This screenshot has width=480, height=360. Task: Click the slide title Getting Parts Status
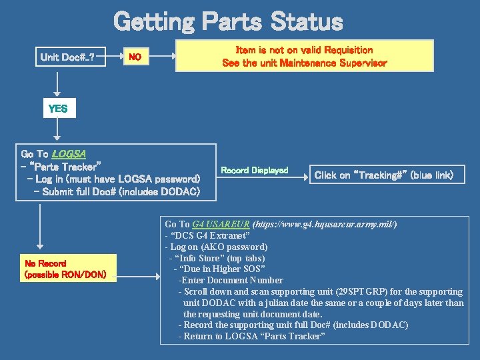228,21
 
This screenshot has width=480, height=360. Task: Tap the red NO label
135,57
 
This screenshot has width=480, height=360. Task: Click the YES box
58,108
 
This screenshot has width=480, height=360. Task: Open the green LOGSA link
69,153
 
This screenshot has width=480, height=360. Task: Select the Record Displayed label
254,171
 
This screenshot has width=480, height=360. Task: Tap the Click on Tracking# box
384,175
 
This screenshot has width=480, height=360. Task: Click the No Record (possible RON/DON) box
65,269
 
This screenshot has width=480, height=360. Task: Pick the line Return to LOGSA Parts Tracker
254,337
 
